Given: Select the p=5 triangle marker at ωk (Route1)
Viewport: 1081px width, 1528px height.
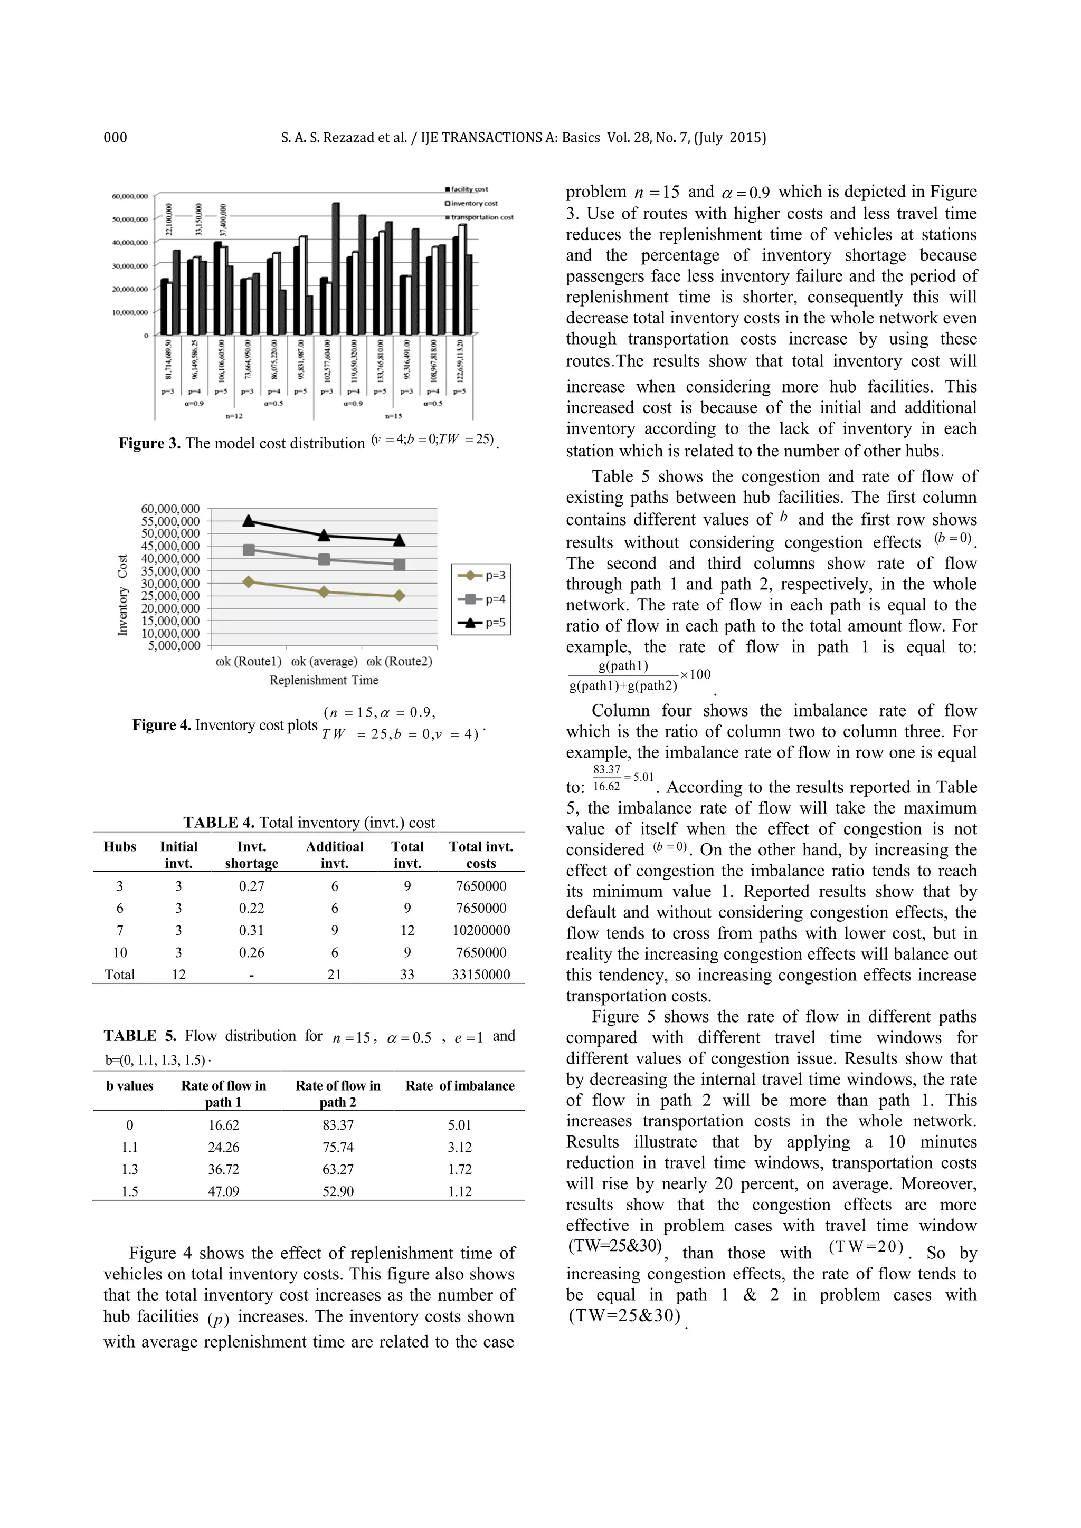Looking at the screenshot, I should point(249,520).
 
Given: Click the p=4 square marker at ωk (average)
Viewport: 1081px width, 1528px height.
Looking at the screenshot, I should point(324,560).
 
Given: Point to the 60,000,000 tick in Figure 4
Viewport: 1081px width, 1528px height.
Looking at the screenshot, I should point(170,509).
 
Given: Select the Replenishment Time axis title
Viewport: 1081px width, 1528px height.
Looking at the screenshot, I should point(324,680).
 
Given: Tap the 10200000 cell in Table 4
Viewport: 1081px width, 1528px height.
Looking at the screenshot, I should point(481,930).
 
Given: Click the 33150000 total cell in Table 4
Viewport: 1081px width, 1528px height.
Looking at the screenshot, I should point(481,975).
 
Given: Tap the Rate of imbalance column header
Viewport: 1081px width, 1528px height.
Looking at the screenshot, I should point(459,1085).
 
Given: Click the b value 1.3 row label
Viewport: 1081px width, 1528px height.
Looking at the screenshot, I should point(130,1169).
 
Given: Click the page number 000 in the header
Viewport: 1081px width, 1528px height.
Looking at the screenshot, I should point(115,138).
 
